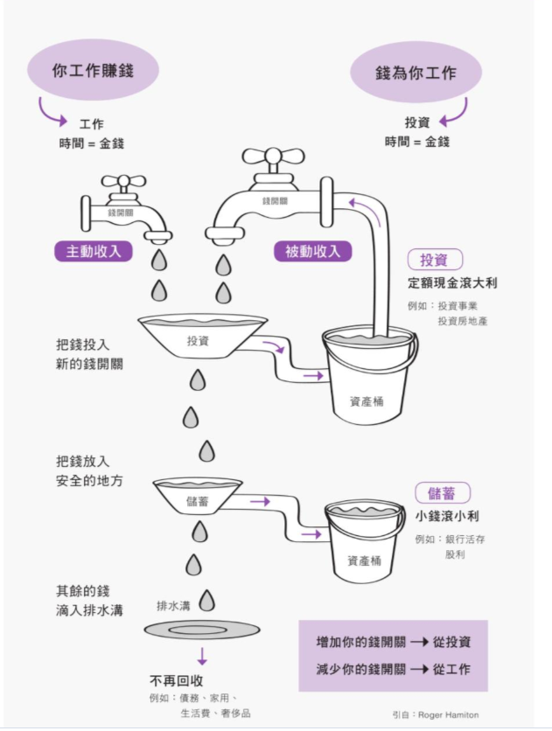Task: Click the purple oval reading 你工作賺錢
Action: (x=93, y=70)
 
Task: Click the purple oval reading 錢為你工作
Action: (x=416, y=72)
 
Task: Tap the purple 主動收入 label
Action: (x=94, y=251)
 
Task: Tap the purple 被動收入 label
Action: (x=312, y=251)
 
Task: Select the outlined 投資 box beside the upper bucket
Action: (x=434, y=260)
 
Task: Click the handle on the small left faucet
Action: (x=123, y=183)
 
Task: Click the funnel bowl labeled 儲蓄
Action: (x=198, y=496)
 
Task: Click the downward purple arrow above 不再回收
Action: (x=202, y=657)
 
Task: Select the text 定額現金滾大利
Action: (x=452, y=283)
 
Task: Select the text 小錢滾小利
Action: (x=447, y=516)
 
